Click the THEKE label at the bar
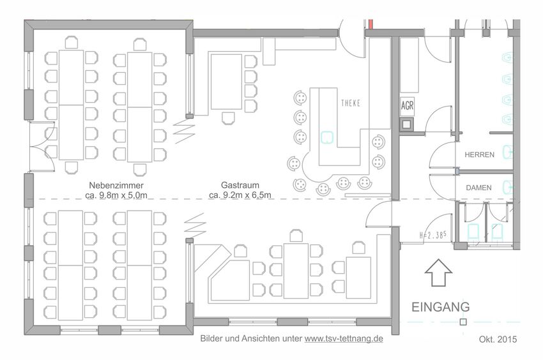(351, 103)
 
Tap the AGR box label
(408, 105)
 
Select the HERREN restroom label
(479, 154)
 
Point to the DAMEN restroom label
(478, 188)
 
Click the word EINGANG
(441, 307)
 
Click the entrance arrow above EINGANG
(438, 273)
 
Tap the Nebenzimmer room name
(116, 186)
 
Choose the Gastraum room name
(240, 185)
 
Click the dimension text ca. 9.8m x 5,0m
(116, 195)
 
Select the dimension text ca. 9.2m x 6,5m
(240, 195)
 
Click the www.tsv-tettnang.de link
(344, 338)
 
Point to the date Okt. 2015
(498, 339)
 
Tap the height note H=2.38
(432, 235)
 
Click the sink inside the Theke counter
(326, 137)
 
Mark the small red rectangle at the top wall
(371, 24)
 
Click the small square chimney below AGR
(406, 124)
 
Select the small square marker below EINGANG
(463, 322)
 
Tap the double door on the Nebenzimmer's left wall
(42, 146)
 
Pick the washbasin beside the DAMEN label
(509, 186)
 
